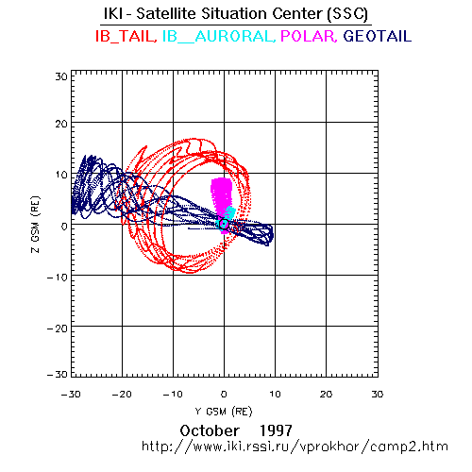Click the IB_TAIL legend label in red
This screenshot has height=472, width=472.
point(126,37)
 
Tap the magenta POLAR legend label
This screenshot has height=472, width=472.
point(309,37)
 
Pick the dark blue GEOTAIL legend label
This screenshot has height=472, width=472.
point(378,36)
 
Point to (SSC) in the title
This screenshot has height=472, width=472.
point(347,14)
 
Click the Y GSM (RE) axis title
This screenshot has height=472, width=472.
point(224,412)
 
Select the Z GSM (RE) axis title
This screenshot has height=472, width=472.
point(36,225)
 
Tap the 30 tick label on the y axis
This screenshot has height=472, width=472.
point(61,76)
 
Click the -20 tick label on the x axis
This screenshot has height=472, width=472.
point(122,395)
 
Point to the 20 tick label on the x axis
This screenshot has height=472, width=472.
point(326,395)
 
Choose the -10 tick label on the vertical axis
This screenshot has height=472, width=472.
point(58,278)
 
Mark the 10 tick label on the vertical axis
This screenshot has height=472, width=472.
point(61,175)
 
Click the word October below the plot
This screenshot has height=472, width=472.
point(210,430)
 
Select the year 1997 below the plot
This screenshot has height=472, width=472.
point(276,430)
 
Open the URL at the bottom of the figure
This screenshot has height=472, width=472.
point(295,447)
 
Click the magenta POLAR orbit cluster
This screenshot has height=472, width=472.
point(221,195)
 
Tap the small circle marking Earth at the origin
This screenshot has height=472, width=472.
point(224,224)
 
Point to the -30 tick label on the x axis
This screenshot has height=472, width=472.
point(71,395)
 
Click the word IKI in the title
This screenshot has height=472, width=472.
point(113,13)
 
